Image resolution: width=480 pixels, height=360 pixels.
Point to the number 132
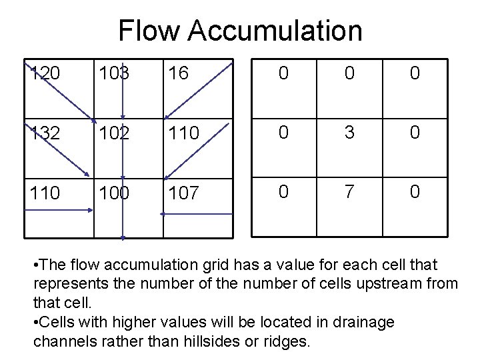pyautogui.click(x=45, y=134)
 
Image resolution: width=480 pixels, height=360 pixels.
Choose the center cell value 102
pyautogui.click(x=114, y=134)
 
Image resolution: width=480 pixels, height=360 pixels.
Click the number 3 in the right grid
pyautogui.click(x=349, y=133)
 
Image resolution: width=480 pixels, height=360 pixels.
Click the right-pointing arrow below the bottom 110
pyautogui.click(x=60, y=209)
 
